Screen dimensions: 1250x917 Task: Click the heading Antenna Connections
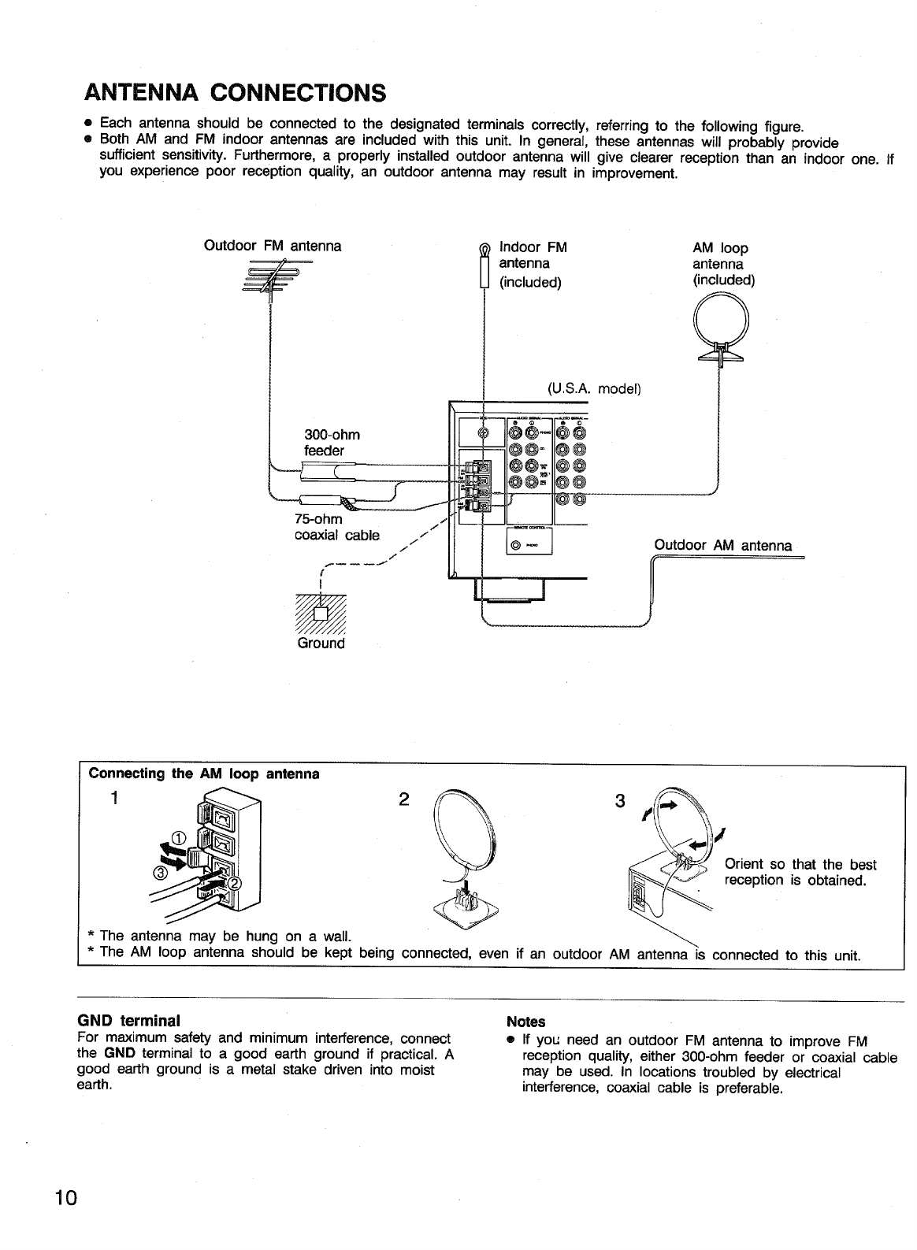pos(236,93)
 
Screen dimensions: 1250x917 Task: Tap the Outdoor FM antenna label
pos(273,246)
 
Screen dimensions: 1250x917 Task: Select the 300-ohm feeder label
pos(332,443)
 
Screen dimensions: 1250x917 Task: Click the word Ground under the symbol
pos(321,644)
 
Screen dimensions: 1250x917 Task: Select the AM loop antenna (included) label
pos(723,264)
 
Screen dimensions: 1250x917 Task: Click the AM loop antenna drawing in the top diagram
pos(720,328)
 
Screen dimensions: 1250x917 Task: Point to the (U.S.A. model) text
pos(595,389)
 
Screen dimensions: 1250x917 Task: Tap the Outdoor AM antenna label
pos(722,545)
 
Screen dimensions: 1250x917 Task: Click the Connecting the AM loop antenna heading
pos(204,773)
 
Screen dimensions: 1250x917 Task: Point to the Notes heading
pos(526,1022)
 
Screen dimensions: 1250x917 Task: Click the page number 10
pos(65,1198)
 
